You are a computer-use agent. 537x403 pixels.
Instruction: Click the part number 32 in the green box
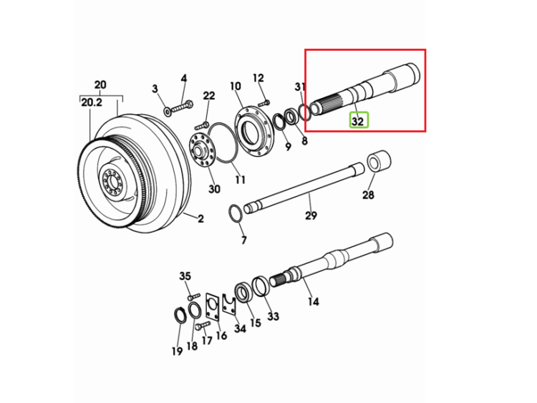pyautogui.click(x=358, y=121)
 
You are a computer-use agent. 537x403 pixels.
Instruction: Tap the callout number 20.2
pyautogui.click(x=92, y=102)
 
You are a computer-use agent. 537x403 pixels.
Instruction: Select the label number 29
pyautogui.click(x=311, y=215)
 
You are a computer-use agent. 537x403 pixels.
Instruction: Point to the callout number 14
pyautogui.click(x=313, y=301)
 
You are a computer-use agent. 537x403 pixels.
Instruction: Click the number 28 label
pyautogui.click(x=368, y=195)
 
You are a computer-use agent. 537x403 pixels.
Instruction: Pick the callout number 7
pyautogui.click(x=243, y=240)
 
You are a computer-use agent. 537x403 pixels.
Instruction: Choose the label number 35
pyautogui.click(x=185, y=276)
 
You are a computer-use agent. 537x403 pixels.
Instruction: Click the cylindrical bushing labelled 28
pyautogui.click(x=379, y=161)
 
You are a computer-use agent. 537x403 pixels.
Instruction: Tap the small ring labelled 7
pyautogui.click(x=236, y=213)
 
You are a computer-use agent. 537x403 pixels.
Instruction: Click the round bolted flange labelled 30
pyautogui.click(x=202, y=151)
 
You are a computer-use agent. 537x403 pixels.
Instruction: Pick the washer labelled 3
pyautogui.click(x=168, y=112)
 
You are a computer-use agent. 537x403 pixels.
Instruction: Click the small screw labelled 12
pyautogui.click(x=263, y=102)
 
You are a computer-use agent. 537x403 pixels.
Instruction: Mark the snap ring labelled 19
pyautogui.click(x=180, y=315)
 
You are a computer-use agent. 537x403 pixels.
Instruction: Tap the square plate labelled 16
pyautogui.click(x=213, y=307)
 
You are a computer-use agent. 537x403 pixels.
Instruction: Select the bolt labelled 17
pyautogui.click(x=203, y=325)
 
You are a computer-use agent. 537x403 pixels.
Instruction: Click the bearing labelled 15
pyautogui.click(x=243, y=292)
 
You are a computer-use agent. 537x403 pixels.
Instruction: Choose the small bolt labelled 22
pyautogui.click(x=201, y=125)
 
